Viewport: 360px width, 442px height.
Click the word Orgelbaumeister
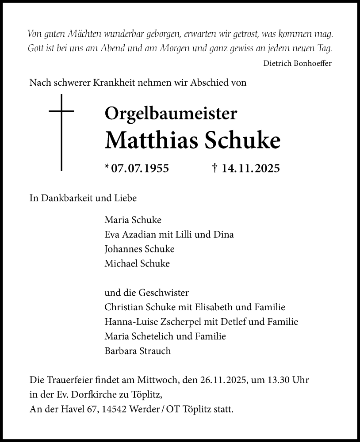171,114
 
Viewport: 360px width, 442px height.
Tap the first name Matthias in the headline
151,140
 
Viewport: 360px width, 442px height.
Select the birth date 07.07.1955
140,168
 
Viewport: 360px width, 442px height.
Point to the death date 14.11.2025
250,168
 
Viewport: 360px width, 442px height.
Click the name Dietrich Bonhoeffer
297,63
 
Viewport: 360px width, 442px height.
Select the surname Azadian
141,234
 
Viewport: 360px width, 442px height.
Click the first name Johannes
122,248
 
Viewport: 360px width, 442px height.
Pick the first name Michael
119,263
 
